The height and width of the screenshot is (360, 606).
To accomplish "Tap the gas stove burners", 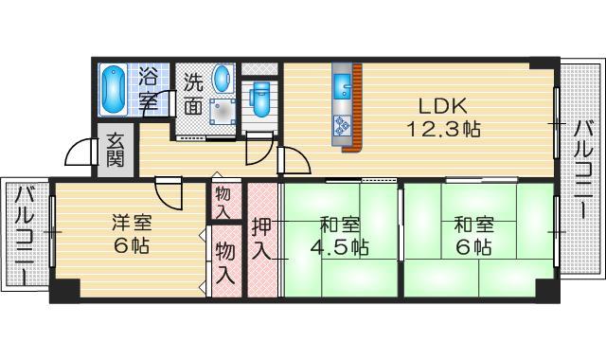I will tap(342, 124).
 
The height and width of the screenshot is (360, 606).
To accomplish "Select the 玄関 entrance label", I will tap(115, 150).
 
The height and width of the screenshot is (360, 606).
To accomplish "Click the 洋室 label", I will tap(131, 225).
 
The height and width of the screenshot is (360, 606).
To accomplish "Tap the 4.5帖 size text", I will tap(339, 248).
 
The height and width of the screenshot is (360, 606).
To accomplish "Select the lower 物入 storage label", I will tap(224, 262).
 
